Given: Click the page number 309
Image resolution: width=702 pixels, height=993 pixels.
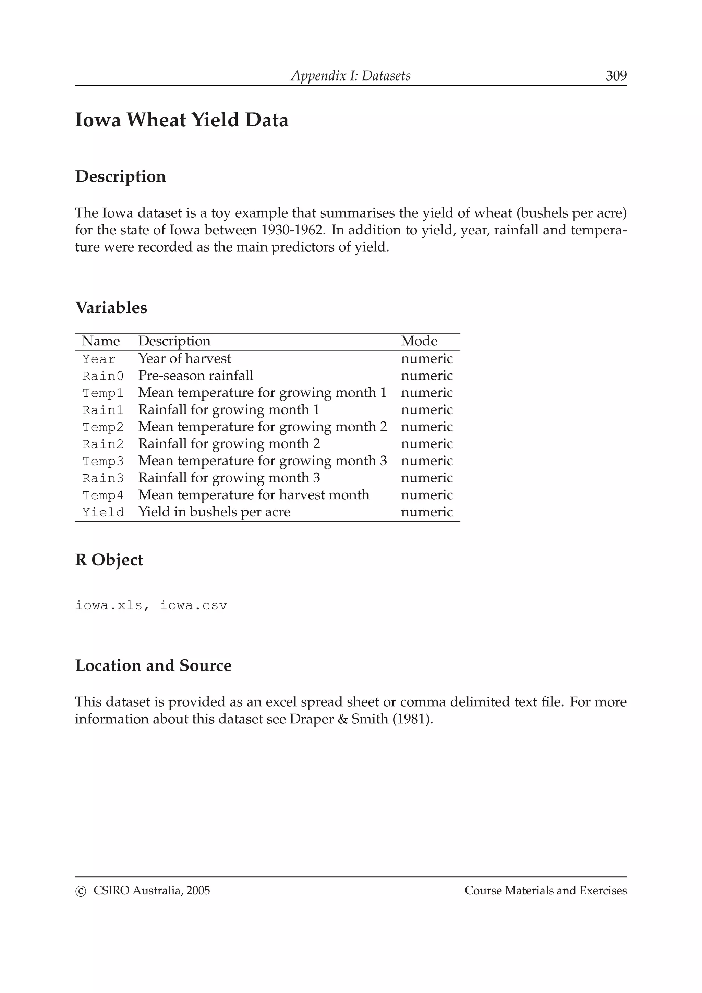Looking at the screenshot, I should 616,76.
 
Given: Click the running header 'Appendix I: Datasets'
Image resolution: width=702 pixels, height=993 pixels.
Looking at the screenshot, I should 350,76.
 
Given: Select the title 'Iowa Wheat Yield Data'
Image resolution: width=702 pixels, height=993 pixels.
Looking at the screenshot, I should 182,120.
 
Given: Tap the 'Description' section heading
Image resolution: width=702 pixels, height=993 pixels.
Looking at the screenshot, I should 120,176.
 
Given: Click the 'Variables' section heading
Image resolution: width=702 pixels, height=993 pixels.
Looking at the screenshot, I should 111,307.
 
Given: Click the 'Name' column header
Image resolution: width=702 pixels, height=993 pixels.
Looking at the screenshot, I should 101,341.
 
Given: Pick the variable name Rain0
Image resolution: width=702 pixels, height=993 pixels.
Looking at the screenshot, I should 102,376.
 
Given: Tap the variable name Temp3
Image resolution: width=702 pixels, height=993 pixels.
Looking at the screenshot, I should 102,461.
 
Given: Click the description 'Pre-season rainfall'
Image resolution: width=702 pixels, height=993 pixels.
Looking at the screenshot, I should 195,376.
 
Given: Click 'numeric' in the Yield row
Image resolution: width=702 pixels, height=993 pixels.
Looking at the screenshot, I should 426,512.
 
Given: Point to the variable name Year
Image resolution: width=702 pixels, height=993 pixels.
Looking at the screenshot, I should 99,359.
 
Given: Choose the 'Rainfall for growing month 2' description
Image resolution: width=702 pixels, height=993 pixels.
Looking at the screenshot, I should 229,444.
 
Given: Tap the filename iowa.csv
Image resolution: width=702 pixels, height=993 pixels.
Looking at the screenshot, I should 193,605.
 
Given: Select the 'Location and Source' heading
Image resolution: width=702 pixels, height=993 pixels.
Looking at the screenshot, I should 153,666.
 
